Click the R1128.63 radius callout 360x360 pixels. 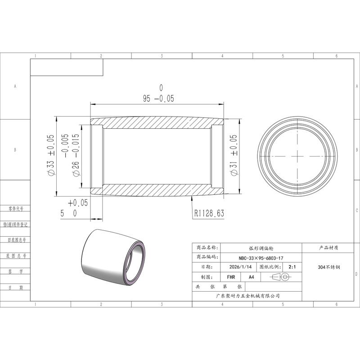(209, 213)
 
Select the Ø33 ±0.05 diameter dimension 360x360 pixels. (51, 155)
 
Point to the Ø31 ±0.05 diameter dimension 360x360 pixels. (234, 155)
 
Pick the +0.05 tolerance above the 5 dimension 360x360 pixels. (78, 203)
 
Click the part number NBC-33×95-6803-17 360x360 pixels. (261, 258)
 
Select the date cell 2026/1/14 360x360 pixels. (240, 267)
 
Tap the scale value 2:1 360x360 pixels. (292, 267)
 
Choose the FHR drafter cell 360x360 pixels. (231, 277)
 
